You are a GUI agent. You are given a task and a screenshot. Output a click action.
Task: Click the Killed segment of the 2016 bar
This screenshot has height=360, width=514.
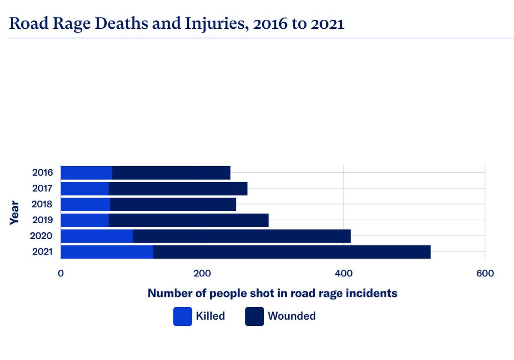point(86,173)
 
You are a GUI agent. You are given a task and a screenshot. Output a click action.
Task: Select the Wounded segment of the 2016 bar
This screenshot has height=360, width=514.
point(171,173)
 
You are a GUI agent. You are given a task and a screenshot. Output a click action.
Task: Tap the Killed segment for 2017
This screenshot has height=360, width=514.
point(84,189)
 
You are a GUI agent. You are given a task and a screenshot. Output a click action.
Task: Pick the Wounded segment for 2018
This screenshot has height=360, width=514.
point(173,204)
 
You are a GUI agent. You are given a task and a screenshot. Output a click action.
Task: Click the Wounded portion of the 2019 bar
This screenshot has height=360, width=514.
point(188,220)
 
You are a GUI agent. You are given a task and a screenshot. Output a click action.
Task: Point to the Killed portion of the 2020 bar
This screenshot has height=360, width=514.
point(96,236)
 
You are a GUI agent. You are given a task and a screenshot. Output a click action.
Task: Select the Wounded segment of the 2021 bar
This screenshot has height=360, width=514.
point(292,252)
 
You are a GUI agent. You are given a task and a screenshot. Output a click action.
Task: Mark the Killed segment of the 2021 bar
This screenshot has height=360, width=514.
point(107,252)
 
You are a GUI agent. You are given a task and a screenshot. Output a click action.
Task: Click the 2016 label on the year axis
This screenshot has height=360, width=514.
point(42,173)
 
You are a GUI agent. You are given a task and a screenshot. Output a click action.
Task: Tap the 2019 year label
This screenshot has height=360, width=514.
point(42,220)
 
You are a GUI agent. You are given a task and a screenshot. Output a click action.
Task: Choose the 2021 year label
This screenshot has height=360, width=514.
point(42,252)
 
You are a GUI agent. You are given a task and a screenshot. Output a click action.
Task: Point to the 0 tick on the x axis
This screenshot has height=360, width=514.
point(61,273)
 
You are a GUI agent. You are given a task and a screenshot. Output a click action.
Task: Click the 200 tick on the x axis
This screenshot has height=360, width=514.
point(202,273)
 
